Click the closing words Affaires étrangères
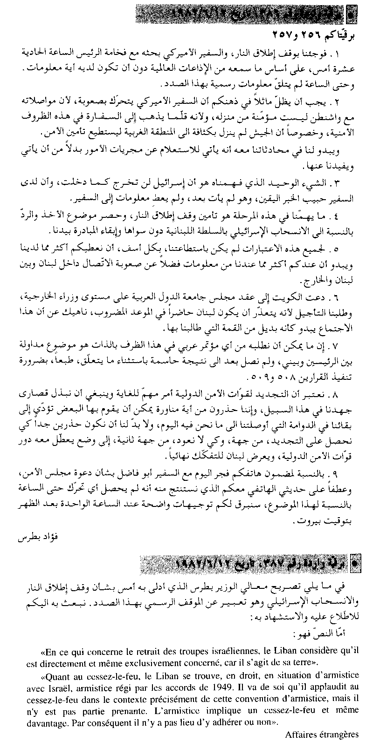pyautogui.click(x=322, y=734)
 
